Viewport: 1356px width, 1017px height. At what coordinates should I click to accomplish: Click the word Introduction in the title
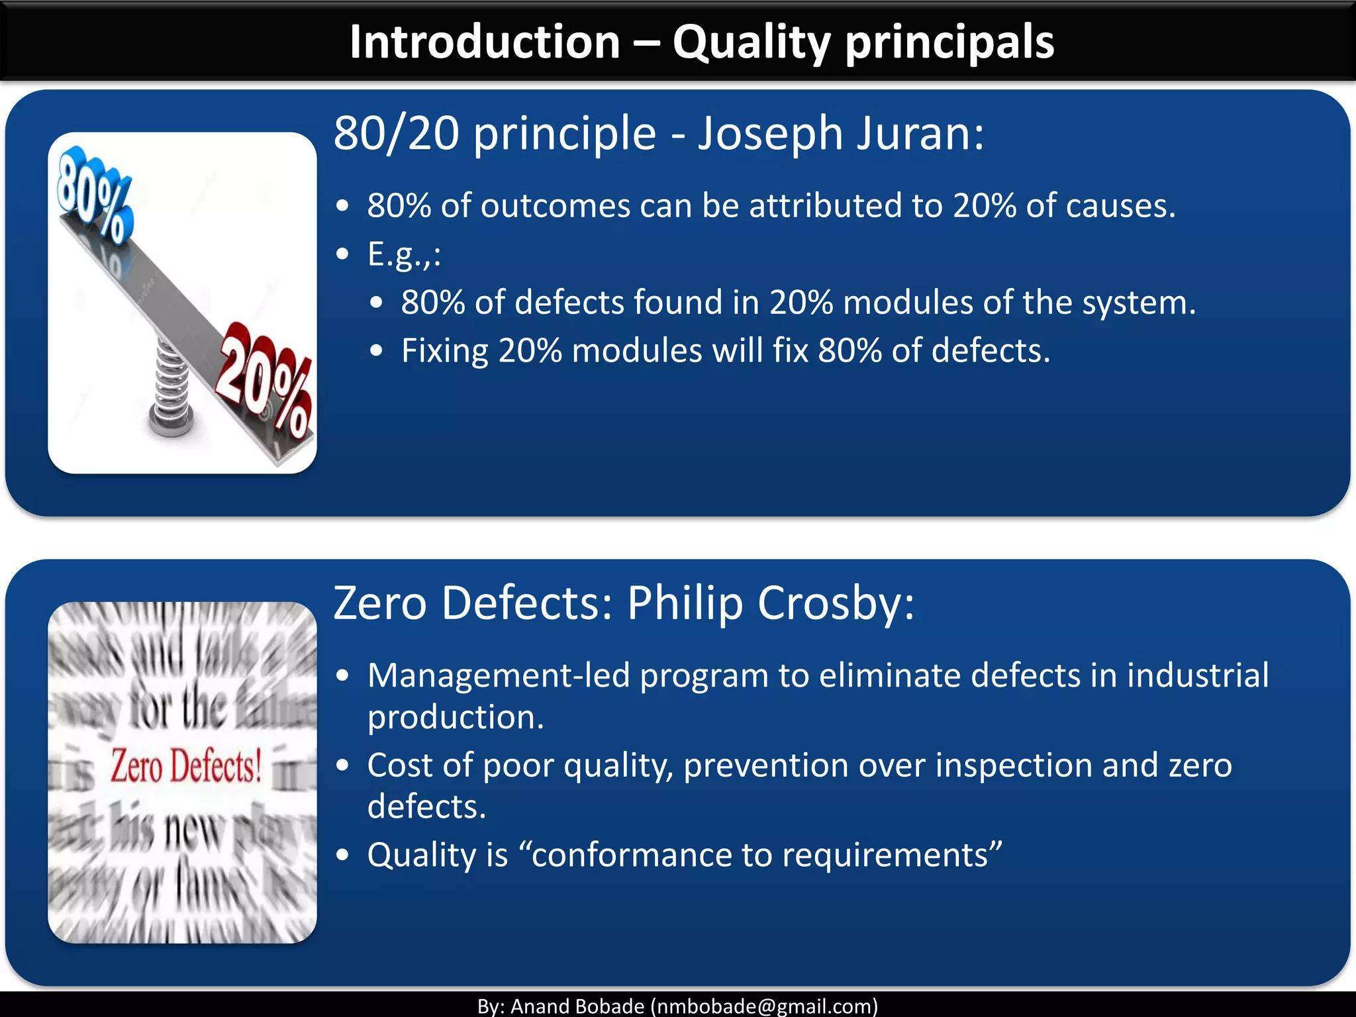pos(485,42)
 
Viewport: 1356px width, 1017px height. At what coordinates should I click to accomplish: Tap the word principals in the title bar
pos(950,42)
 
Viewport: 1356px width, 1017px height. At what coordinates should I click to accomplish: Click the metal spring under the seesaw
pos(171,391)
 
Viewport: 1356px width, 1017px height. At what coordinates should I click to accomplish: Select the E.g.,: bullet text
pos(404,254)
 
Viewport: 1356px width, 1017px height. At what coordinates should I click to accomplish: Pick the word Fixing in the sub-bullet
pos(444,351)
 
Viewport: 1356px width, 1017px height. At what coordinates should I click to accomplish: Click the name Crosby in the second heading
pos(836,603)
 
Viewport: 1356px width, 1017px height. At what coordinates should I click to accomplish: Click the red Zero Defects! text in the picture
pos(186,767)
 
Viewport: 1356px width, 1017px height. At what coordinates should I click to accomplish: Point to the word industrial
pos(1198,676)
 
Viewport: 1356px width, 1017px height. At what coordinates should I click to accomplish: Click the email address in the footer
pos(764,1006)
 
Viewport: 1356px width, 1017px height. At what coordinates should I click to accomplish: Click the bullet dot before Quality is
pos(342,855)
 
